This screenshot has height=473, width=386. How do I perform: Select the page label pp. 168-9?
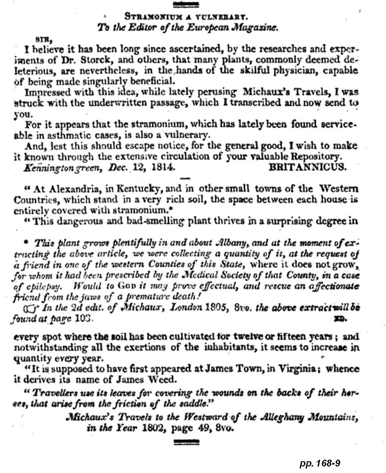point(320,463)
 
